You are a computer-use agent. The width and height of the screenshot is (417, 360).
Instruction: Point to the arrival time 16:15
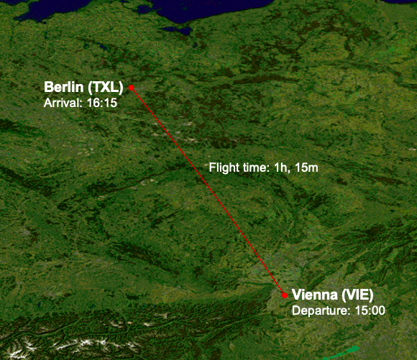pyautogui.click(x=103, y=103)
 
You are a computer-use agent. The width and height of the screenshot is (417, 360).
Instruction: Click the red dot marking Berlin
pyautogui.click(x=132, y=87)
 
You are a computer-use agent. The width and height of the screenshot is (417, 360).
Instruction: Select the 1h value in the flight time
pyautogui.click(x=280, y=167)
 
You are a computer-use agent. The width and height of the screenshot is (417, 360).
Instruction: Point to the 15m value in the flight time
pyautogui.click(x=305, y=167)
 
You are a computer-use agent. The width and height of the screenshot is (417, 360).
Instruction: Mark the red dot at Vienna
pyautogui.click(x=285, y=295)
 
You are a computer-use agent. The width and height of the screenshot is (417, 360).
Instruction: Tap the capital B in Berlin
pyautogui.click(x=49, y=88)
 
